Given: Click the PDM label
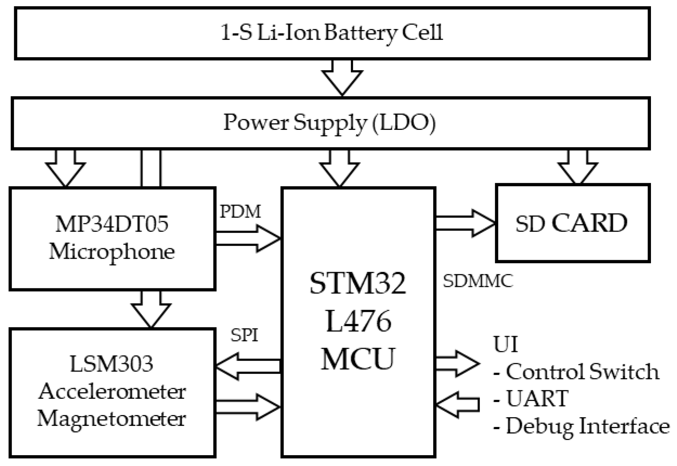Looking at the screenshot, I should click(x=240, y=212).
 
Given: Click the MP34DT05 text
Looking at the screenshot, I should click(x=112, y=224).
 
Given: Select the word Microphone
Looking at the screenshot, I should click(x=112, y=252).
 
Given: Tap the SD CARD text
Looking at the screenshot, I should click(x=571, y=223).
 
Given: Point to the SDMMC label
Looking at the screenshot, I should click(x=478, y=281).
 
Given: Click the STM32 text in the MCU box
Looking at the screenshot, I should click(x=358, y=283).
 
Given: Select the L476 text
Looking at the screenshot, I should click(x=358, y=321).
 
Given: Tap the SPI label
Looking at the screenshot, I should click(x=244, y=335).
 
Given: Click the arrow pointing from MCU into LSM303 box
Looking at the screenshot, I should click(x=248, y=366).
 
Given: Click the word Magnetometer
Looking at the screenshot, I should click(x=112, y=419).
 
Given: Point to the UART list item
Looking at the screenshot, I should click(x=537, y=399).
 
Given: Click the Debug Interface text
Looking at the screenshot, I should click(x=587, y=426).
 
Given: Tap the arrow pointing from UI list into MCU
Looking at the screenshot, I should click(x=457, y=404).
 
